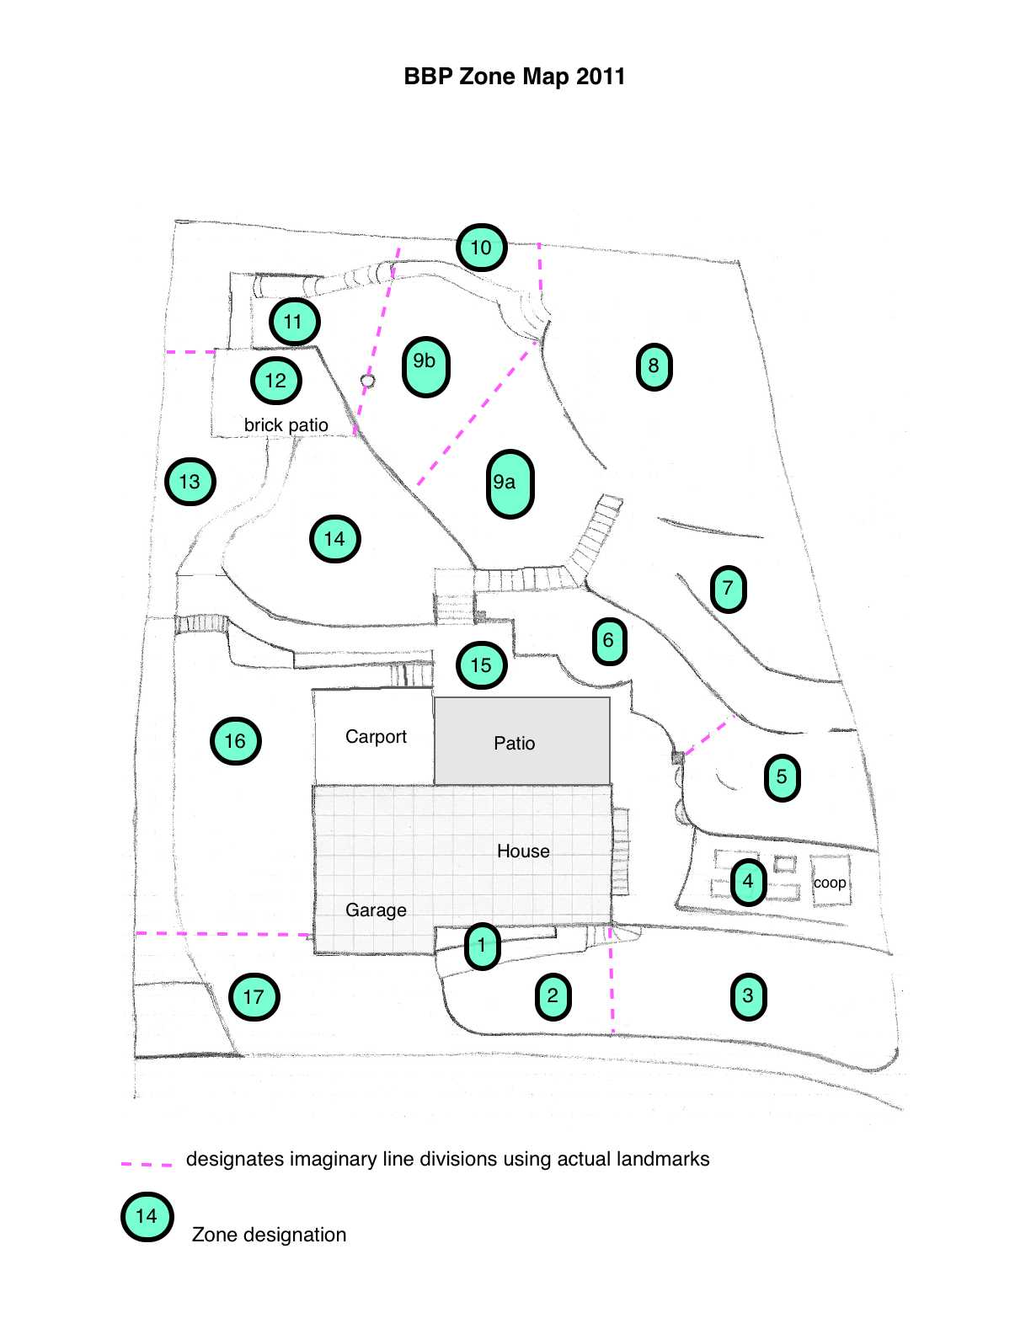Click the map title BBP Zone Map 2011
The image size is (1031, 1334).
(514, 77)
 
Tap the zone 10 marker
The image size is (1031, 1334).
(481, 248)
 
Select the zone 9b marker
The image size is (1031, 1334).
(425, 366)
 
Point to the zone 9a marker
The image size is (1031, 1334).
(510, 483)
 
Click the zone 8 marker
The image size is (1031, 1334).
(654, 366)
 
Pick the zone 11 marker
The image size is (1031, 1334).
(294, 322)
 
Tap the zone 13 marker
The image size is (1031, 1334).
(190, 482)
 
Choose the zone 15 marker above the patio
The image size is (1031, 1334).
(481, 665)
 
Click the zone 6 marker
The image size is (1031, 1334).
(609, 641)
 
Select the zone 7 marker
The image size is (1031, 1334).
(728, 589)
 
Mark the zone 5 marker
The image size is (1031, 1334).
(782, 776)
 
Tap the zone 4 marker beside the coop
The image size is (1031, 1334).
(748, 882)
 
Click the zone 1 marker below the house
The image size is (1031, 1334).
(482, 945)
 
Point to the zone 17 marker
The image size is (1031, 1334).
(254, 997)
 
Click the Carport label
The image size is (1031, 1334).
(376, 737)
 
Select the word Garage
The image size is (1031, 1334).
(376, 910)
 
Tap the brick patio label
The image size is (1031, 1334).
(286, 425)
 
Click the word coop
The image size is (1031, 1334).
(830, 883)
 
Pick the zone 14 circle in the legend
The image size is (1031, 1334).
(147, 1216)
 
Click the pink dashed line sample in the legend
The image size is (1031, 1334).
(147, 1163)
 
